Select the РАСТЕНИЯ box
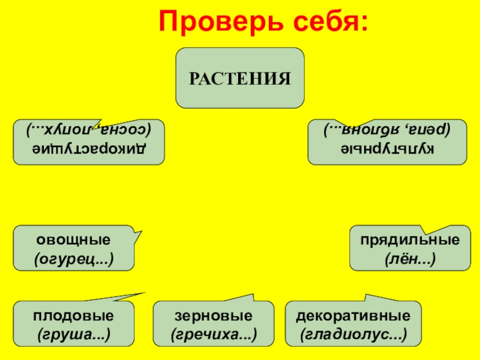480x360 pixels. (240, 78)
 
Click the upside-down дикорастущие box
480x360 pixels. (89, 142)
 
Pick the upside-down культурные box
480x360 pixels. (387, 142)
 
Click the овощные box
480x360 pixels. (74, 248)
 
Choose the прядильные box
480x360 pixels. (410, 248)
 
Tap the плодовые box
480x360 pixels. (74, 324)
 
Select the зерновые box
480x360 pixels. (214, 324)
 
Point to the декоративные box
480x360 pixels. (354, 324)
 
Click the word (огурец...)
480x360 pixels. (74, 259)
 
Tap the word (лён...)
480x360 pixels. (410, 259)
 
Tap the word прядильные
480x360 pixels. (410, 240)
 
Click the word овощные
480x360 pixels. (74, 240)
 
